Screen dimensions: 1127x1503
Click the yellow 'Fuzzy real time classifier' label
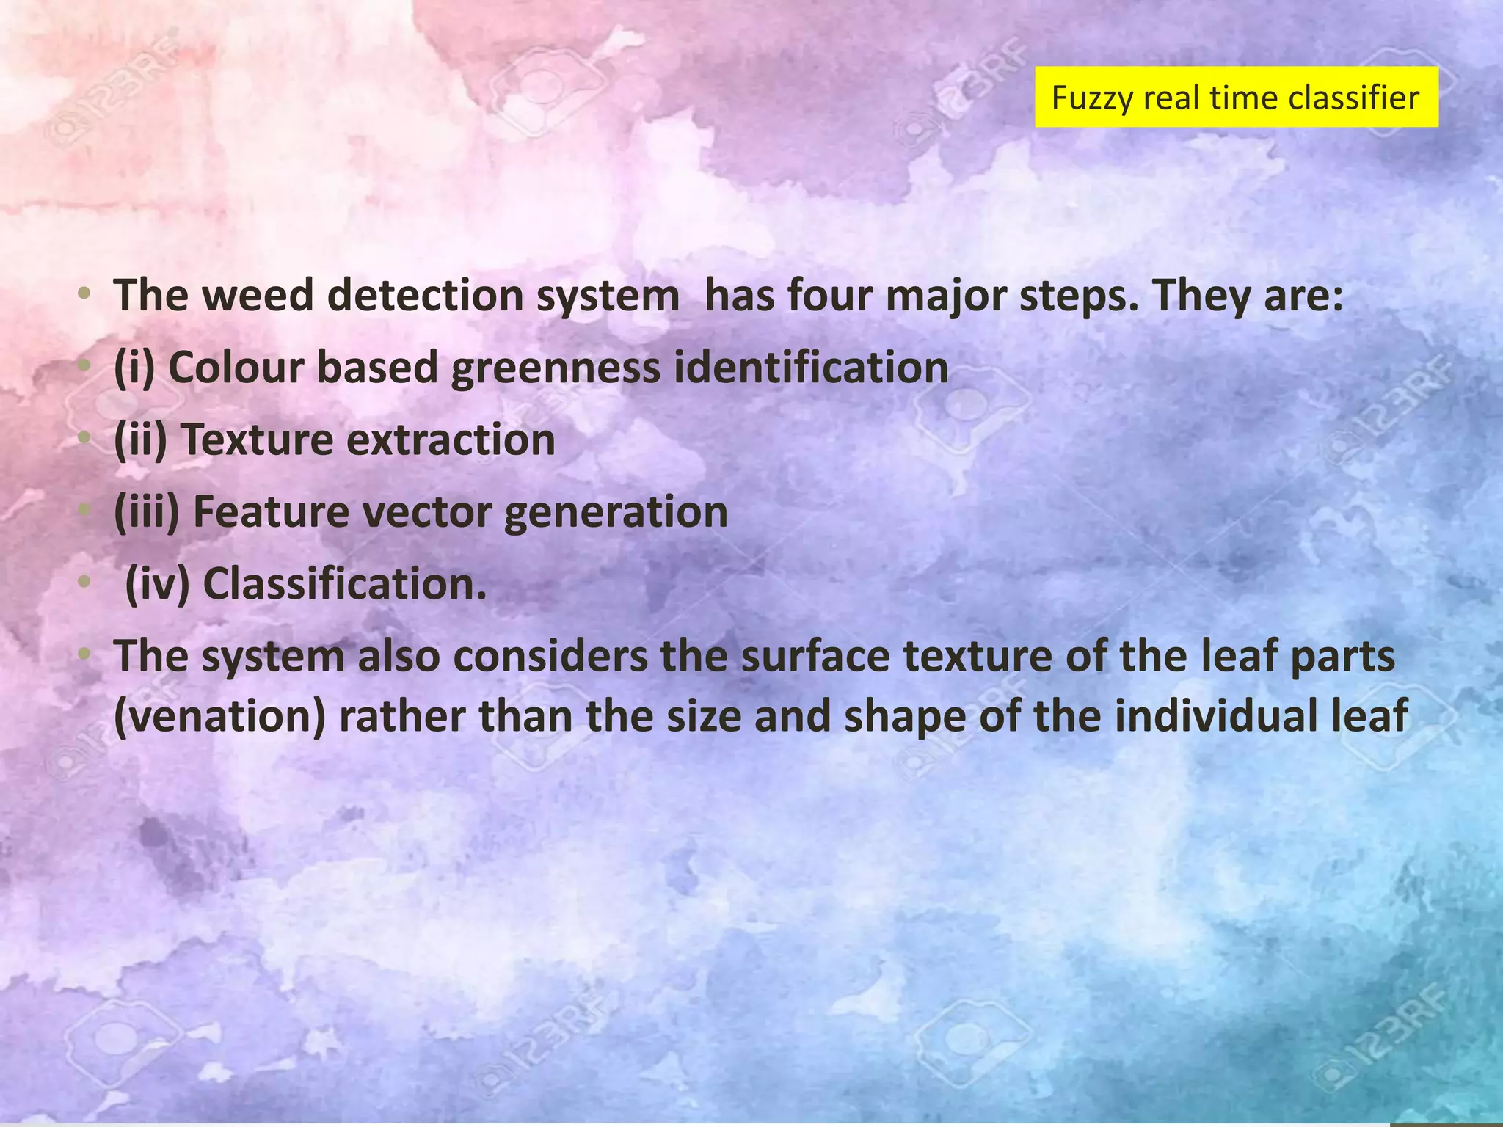[1236, 98]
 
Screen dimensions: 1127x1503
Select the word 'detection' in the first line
[425, 296]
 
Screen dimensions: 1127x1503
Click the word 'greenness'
[556, 368]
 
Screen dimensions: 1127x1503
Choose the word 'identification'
[811, 368]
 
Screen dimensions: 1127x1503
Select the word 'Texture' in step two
[257, 440]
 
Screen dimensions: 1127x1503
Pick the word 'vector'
[426, 512]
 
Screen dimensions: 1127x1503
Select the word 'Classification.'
[345, 585]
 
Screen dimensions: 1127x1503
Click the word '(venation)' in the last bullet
[219, 717]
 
